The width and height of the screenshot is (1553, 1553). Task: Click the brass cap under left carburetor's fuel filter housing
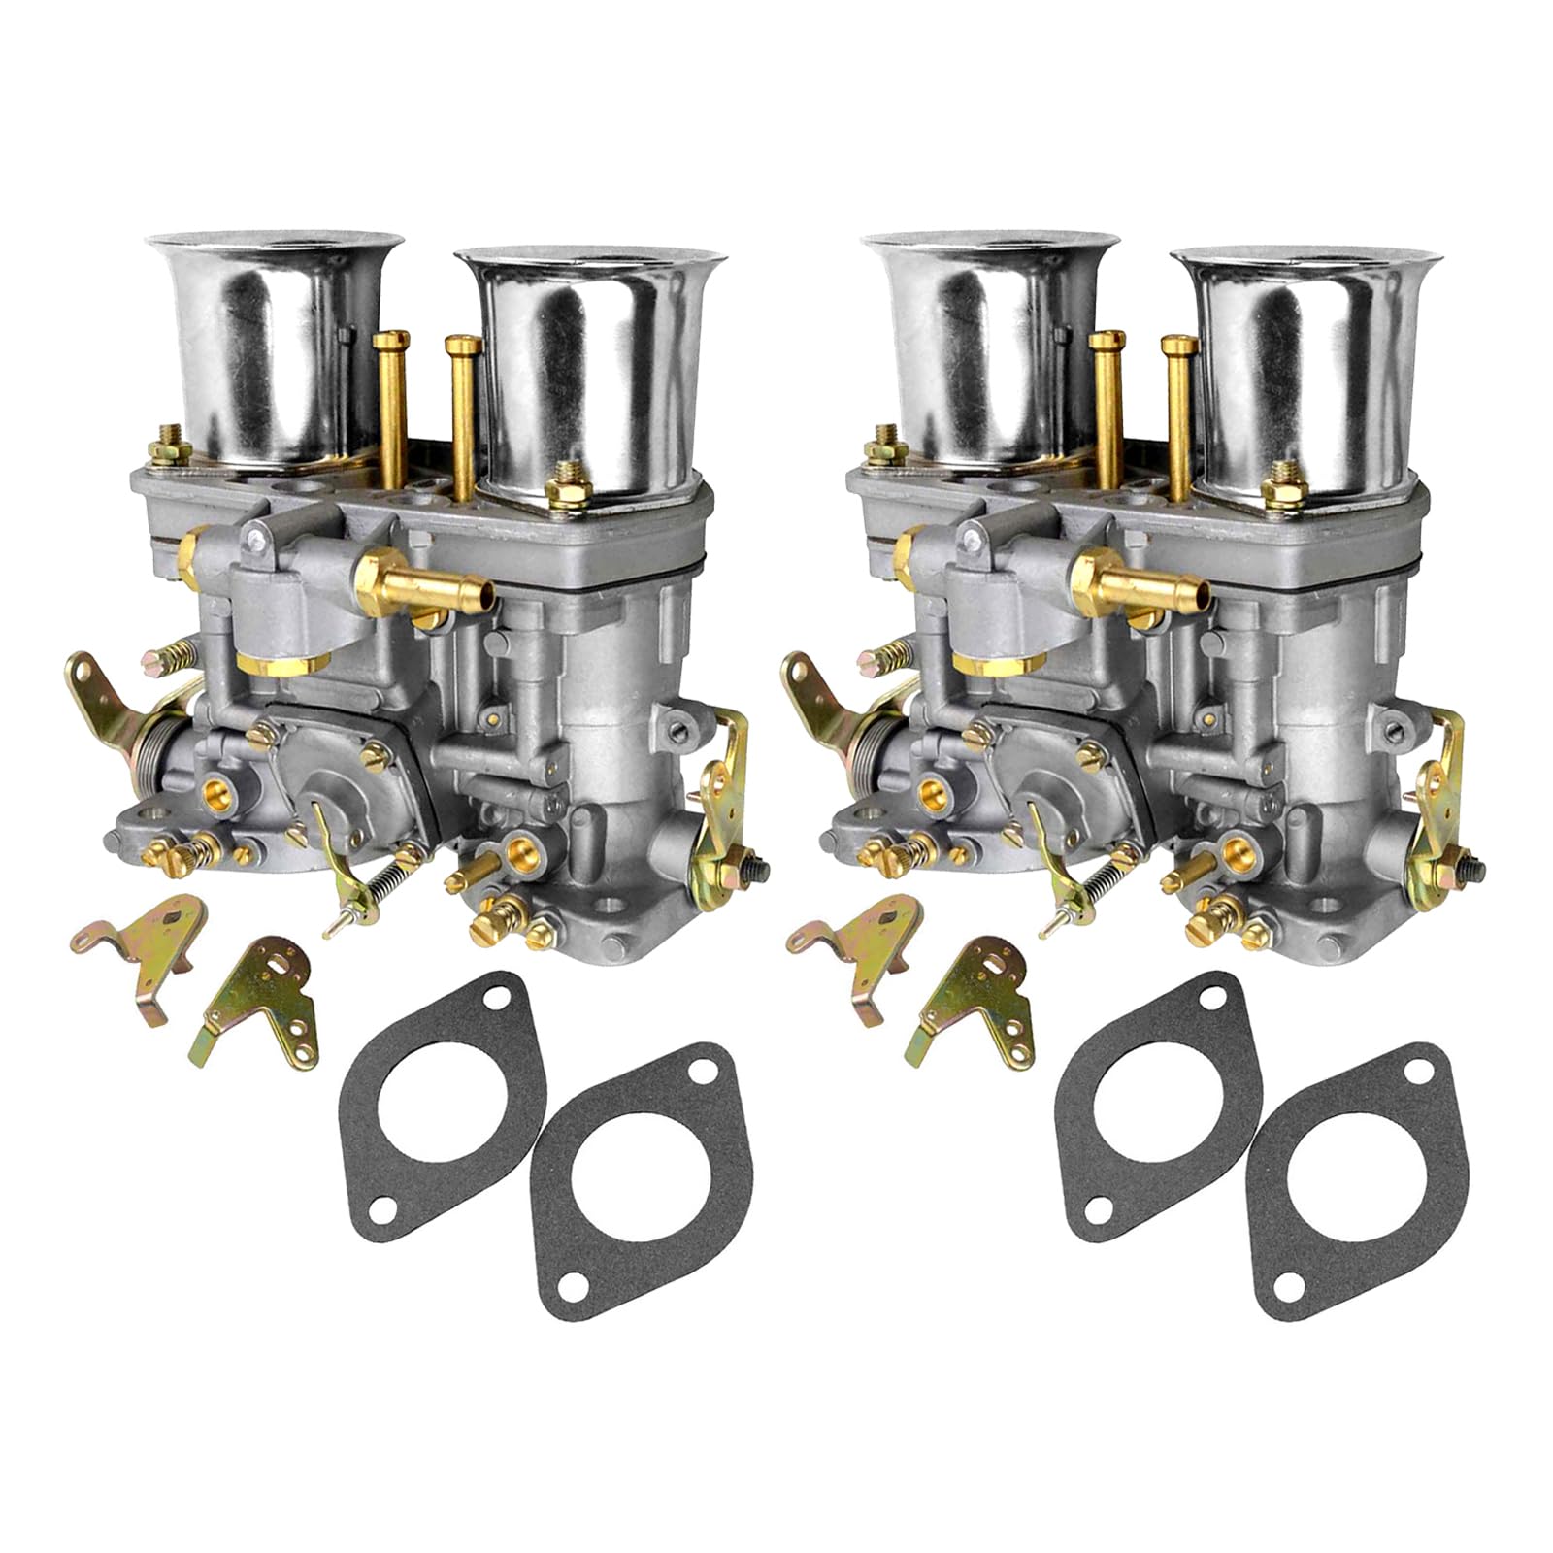coord(281,663)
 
